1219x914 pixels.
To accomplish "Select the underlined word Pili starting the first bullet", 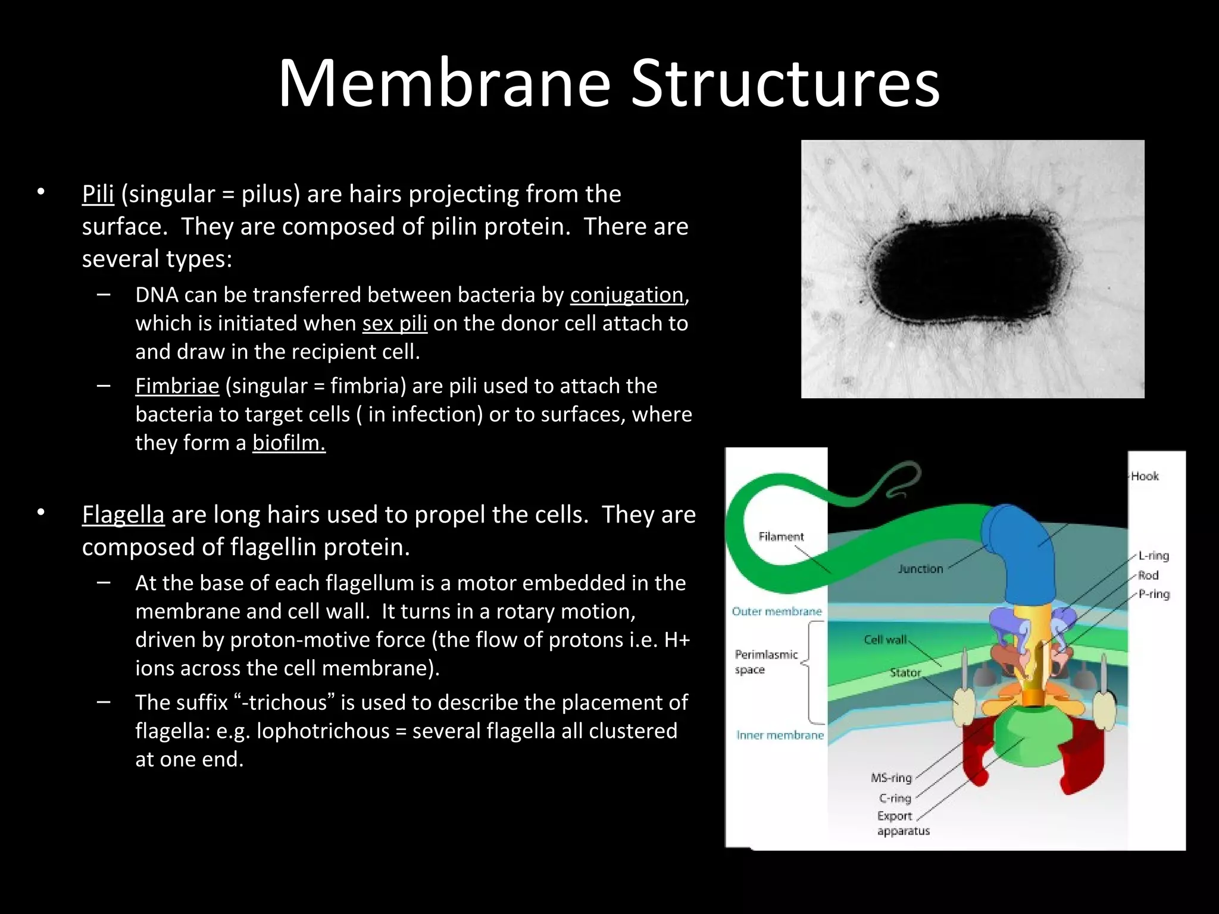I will (98, 194).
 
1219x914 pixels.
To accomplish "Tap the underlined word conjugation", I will (627, 295).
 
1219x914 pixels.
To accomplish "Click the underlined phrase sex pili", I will (395, 323).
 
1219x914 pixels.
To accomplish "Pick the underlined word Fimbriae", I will (177, 386).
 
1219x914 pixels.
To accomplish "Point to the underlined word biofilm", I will (289, 443).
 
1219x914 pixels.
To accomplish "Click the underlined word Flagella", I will (123, 515).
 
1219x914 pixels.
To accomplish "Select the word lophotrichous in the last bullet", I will (323, 731).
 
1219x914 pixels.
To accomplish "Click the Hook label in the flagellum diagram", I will (1145, 476).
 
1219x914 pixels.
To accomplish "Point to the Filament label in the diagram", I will (781, 537).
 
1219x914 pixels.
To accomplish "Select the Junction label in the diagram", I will (921, 569).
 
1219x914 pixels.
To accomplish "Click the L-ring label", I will (1154, 556).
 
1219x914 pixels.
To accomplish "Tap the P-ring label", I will (1154, 594).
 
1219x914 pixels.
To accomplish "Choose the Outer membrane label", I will (776, 611).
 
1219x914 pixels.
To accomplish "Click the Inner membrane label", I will (780, 735).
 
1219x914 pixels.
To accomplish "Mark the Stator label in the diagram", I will (905, 672).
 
